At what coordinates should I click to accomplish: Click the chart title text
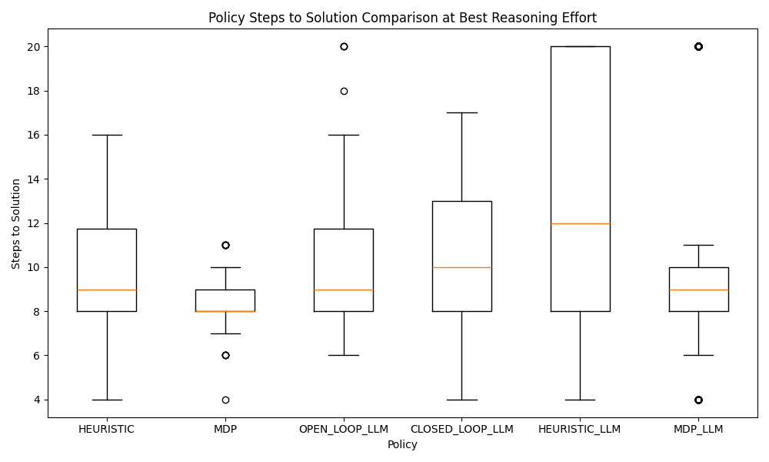tap(402, 17)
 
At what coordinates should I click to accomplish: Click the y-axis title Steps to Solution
tap(17, 223)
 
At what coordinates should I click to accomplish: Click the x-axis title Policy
tap(402, 444)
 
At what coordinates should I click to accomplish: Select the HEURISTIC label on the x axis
tap(106, 429)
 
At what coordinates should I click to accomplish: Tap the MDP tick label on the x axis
tap(225, 429)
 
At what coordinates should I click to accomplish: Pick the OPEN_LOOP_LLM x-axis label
tap(344, 429)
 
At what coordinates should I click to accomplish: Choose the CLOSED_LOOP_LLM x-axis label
tap(461, 429)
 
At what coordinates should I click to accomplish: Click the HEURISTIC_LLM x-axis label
tap(580, 429)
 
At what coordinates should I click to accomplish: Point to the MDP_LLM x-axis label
tap(698, 429)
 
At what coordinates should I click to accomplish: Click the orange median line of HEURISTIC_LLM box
tap(580, 223)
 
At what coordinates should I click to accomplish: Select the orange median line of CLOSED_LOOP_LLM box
tap(461, 267)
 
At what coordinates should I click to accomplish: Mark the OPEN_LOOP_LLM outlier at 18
tap(344, 91)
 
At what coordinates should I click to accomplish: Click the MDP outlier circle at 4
tap(225, 400)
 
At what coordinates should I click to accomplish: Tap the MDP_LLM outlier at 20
tap(698, 47)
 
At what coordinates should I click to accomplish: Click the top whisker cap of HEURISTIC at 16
tap(106, 135)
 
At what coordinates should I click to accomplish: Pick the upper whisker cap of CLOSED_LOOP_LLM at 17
tap(461, 112)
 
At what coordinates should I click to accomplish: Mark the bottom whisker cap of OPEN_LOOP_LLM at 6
tap(344, 356)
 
